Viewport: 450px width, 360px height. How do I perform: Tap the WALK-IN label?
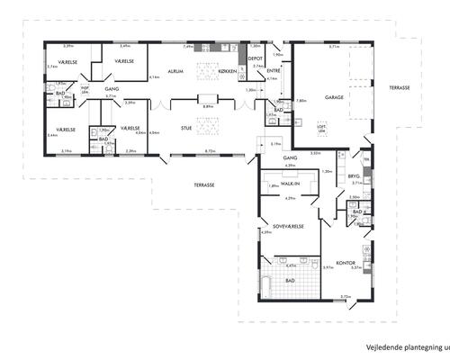(x=290, y=183)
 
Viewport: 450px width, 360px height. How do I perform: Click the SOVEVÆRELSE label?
(x=279, y=225)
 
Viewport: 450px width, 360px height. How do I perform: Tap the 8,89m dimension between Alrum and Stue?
(x=208, y=106)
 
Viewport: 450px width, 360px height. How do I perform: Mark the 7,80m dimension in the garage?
(x=301, y=100)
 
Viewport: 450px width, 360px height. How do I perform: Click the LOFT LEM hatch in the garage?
(x=320, y=130)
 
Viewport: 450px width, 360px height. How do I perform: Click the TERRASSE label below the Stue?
(x=203, y=184)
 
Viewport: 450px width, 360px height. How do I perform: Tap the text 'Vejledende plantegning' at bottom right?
(x=401, y=346)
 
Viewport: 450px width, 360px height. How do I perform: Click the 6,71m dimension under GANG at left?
(x=111, y=95)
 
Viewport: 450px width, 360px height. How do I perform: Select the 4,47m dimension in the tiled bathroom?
(x=291, y=265)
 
